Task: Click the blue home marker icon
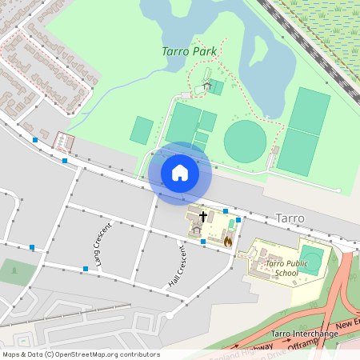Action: point(180,173)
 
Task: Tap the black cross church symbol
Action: point(203,216)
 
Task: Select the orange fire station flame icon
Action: point(227,240)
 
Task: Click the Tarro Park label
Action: point(190,51)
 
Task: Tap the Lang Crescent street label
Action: point(101,244)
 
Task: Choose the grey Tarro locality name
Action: point(290,218)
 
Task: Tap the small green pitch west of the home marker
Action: point(142,130)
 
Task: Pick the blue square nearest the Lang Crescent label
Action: point(86,268)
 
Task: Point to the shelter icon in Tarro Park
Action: point(207,86)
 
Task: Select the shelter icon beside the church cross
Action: point(197,229)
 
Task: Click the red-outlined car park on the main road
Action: point(63,142)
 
